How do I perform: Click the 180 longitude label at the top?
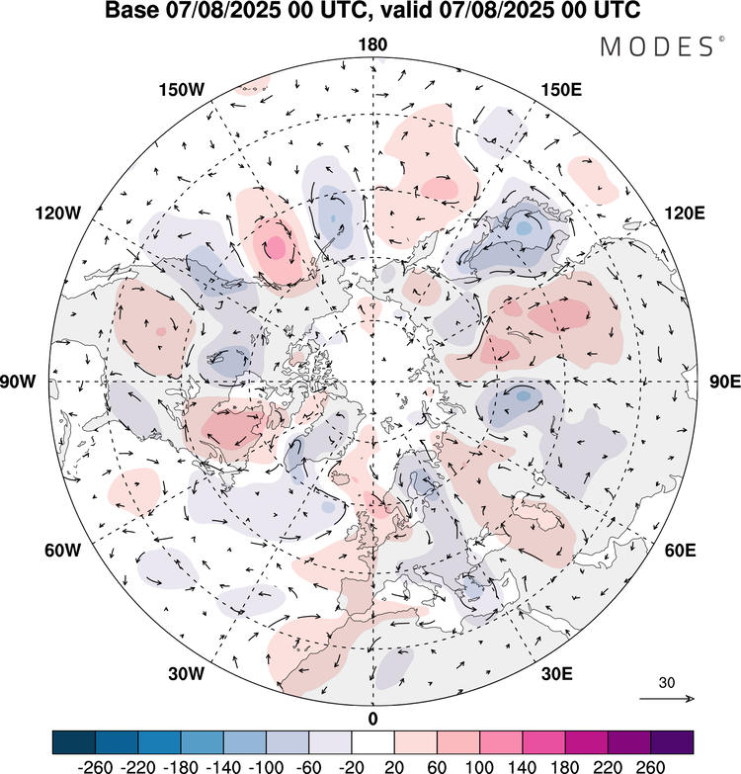tap(373, 44)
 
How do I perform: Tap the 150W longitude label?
tap(181, 90)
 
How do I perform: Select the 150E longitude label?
tap(562, 90)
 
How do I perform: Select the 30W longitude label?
tap(185, 674)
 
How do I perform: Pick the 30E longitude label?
tap(558, 674)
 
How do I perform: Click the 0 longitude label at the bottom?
tap(372, 718)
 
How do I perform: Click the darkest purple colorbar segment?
tap(671, 741)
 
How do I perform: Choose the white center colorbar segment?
tap(372, 741)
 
